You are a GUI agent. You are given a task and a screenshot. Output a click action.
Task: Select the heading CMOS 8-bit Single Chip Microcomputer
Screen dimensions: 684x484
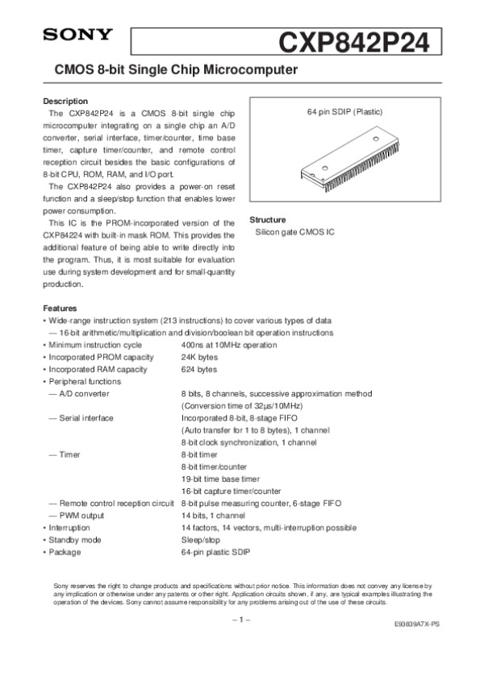click(x=176, y=71)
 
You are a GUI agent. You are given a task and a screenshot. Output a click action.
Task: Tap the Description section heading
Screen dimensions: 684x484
click(x=65, y=101)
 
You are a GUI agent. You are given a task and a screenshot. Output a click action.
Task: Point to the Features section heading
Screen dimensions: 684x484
click(x=60, y=308)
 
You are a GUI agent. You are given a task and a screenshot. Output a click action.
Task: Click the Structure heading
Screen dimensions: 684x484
click(x=269, y=219)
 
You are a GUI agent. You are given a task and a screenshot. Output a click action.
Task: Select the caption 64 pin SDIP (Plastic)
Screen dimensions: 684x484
click(x=344, y=110)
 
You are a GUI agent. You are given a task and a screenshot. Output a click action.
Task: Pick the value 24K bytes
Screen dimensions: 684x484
click(x=199, y=357)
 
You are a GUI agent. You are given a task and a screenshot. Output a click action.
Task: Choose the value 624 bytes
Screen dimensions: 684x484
click(x=199, y=369)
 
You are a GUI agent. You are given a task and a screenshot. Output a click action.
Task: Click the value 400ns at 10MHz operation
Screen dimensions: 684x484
click(x=229, y=345)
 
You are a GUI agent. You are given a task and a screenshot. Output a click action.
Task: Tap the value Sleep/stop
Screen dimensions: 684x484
click(x=201, y=539)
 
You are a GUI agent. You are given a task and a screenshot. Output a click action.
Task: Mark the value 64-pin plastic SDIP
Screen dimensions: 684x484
click(x=216, y=552)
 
